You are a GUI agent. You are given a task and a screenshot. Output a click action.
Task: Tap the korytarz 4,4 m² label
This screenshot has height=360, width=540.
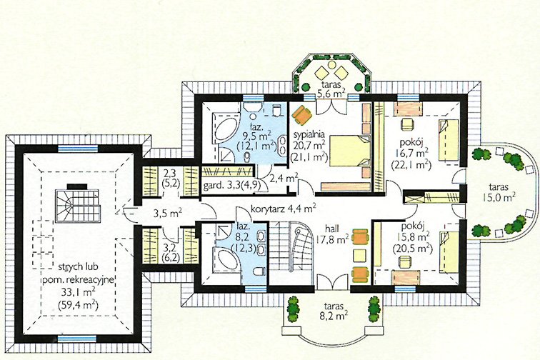[x=283, y=209]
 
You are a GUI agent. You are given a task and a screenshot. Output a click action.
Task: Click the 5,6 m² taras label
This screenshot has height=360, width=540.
[x=331, y=89]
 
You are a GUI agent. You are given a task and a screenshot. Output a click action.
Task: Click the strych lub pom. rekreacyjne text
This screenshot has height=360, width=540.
[x=78, y=273]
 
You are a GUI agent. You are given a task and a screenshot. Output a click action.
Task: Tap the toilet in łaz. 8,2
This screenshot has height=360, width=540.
[x=258, y=272]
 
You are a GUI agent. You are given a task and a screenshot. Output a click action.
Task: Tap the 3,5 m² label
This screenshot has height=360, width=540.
[x=167, y=214]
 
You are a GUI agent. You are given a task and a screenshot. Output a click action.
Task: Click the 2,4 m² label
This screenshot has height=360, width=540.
[x=284, y=179]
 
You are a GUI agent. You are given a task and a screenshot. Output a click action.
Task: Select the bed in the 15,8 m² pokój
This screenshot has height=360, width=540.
[x=449, y=251]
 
